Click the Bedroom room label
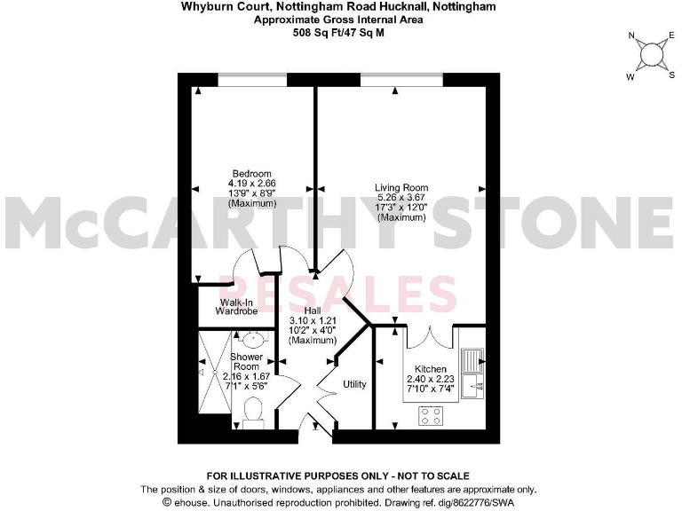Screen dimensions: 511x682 [x=251, y=173]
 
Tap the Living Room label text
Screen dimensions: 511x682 [x=401, y=188]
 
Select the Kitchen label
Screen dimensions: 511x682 [x=431, y=368]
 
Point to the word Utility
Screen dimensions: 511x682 [x=355, y=385]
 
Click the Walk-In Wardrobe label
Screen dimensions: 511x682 [x=237, y=307]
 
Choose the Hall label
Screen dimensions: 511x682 [x=313, y=310]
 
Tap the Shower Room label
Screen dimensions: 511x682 [x=246, y=362]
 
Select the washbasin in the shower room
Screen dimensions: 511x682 [x=251, y=339]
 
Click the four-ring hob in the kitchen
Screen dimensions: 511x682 [x=432, y=415]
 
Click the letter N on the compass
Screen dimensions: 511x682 [x=631, y=36]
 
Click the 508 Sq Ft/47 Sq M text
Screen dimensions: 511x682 [x=340, y=33]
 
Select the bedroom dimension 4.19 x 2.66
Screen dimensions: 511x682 [x=251, y=184]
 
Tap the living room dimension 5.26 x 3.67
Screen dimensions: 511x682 [x=401, y=199]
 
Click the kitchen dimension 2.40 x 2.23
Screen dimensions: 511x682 [x=431, y=379]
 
